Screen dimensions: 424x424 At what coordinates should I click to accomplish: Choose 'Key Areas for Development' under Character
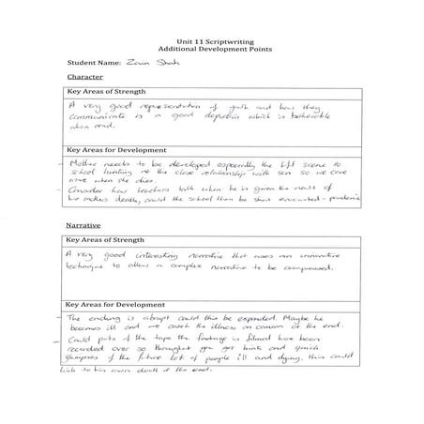(115, 150)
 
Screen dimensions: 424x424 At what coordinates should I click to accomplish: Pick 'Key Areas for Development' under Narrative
(115, 305)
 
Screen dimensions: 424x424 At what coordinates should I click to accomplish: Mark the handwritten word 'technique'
(92, 269)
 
